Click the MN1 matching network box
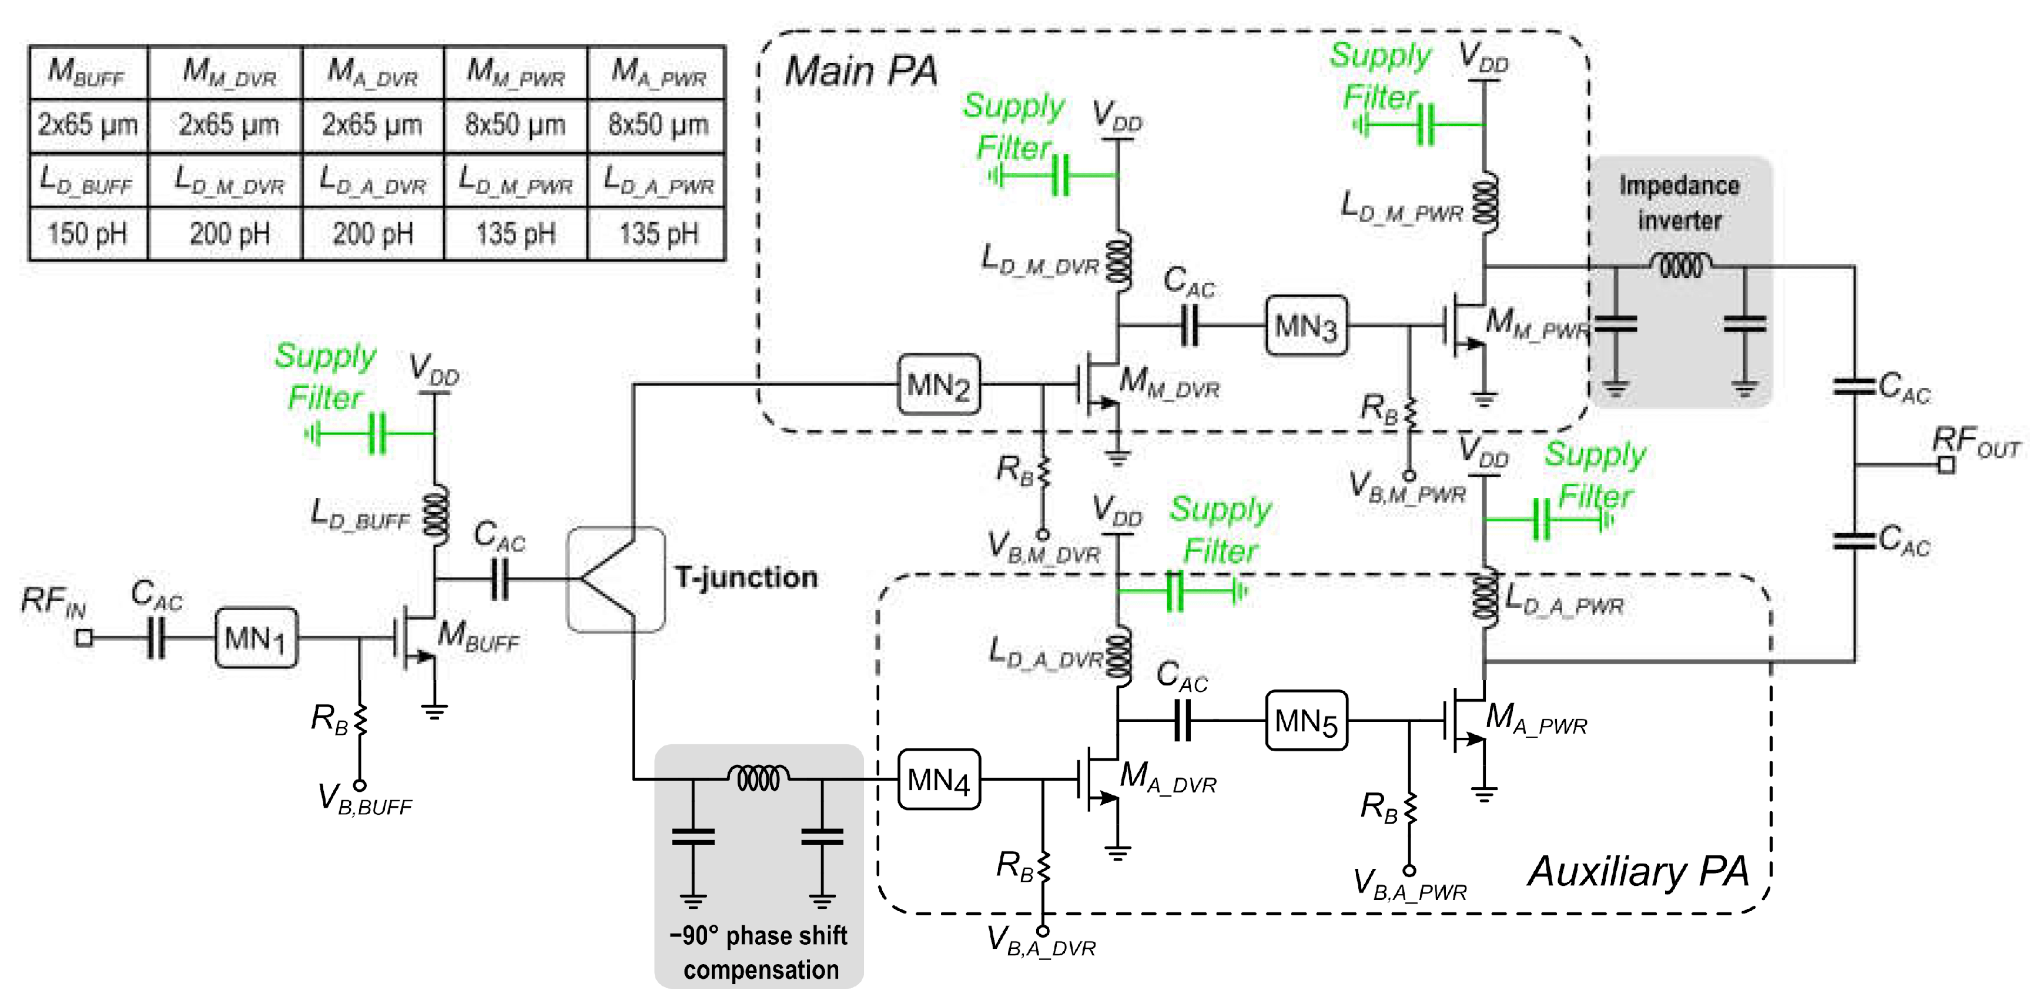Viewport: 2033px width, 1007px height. [x=256, y=638]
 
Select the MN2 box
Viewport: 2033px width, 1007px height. [x=939, y=385]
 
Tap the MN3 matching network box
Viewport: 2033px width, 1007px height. [x=1305, y=325]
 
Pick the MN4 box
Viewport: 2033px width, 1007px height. [x=939, y=779]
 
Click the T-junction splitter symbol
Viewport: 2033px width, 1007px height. [x=615, y=579]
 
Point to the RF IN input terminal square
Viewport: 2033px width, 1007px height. [x=83, y=638]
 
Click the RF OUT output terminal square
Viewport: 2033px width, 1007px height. [x=1946, y=465]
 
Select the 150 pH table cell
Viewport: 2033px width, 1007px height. [x=88, y=233]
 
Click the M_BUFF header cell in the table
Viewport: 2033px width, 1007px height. [x=88, y=72]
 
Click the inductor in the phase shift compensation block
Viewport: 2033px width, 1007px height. [x=758, y=778]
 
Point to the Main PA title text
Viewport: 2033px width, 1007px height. [x=860, y=71]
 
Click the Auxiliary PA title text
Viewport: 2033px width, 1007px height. [x=1637, y=872]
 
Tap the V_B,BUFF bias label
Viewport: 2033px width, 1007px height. [x=364, y=799]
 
